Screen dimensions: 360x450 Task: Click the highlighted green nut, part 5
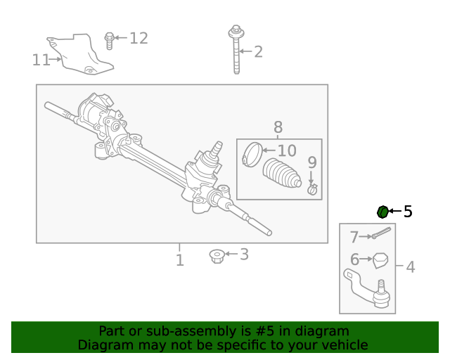[x=382, y=212]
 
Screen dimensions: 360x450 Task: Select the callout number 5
[x=408, y=212]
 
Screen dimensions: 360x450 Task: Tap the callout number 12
[x=139, y=38]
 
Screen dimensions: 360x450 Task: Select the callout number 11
[x=41, y=60]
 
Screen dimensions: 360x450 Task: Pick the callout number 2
[x=258, y=51]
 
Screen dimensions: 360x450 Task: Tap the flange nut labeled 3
[x=217, y=256]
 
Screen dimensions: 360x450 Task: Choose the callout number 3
[x=244, y=255]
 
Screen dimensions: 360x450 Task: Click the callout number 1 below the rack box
[x=180, y=261]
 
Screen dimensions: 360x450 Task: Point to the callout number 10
[x=287, y=150]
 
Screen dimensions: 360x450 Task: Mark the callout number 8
[x=278, y=127]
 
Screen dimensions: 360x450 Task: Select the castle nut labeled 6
[x=380, y=261]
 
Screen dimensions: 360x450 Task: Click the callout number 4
[x=410, y=267]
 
